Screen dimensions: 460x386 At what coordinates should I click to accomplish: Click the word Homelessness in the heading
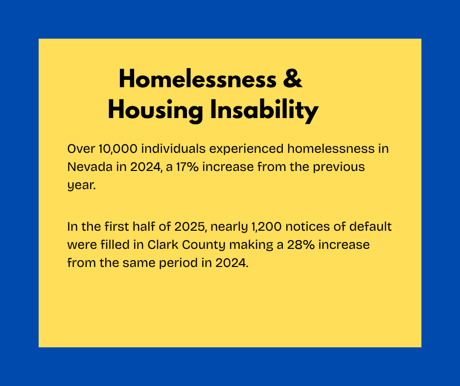coord(197,78)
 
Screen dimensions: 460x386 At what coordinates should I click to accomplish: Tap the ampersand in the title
coord(293,78)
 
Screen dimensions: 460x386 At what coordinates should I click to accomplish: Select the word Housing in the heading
coord(156,110)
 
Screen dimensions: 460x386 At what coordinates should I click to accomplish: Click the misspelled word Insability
coord(264,110)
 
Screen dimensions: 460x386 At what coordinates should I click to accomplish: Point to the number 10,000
coord(118,148)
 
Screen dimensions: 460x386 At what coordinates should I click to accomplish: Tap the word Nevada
coord(90,167)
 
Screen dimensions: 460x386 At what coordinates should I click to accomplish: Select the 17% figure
coord(187,167)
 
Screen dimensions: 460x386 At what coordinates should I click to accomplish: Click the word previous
coord(339,168)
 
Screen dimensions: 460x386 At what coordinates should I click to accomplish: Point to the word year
coord(82,186)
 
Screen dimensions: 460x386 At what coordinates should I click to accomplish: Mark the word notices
coord(310,226)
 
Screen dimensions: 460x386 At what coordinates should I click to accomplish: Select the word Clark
coord(163,244)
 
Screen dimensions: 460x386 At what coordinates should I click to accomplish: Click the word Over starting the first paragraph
coord(81,148)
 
